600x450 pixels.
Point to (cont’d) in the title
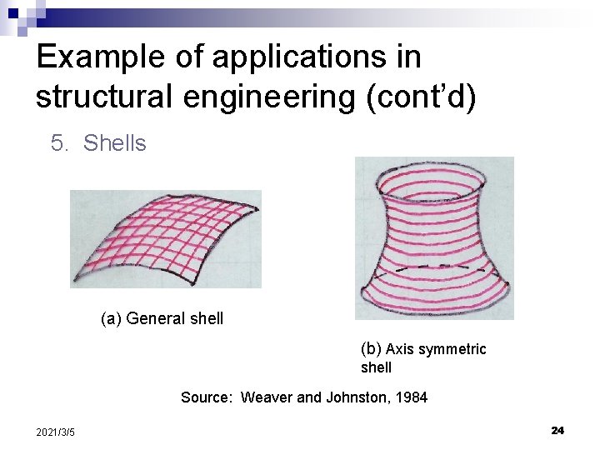point(421,97)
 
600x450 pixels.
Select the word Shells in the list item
point(115,143)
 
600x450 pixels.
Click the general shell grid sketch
point(165,238)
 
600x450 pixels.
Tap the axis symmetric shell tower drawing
point(433,237)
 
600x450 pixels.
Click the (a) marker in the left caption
point(111,318)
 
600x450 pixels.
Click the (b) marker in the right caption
point(371,348)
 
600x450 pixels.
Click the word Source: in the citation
point(206,397)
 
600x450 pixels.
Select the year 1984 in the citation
point(410,397)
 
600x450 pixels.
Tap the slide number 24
point(557,430)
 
